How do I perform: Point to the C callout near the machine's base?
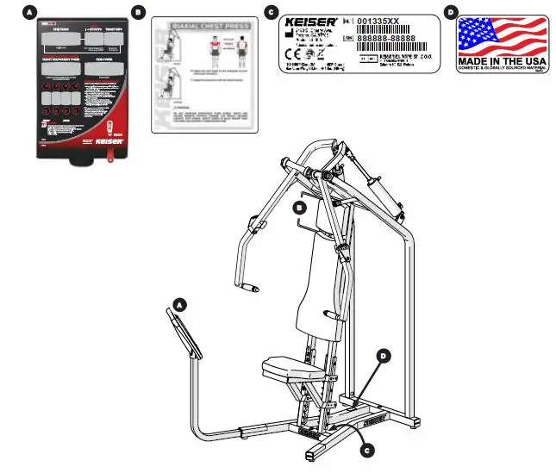pos(366,448)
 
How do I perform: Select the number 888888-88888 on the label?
pos(385,39)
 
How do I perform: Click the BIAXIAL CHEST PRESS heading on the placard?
pos(211,27)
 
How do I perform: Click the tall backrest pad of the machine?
pos(314,276)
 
